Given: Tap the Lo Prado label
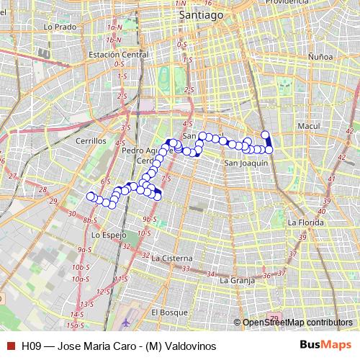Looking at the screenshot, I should pyautogui.click(x=60, y=27).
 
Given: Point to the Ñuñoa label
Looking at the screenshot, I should pyautogui.click(x=320, y=55).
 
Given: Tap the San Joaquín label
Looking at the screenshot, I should pyautogui.click(x=246, y=163).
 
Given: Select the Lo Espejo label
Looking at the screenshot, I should pyautogui.click(x=109, y=235).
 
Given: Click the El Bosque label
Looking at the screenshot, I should pyautogui.click(x=168, y=312).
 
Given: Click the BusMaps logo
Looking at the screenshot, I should pyautogui.click(x=325, y=345).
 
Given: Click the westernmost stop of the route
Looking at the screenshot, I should pyautogui.click(x=91, y=197).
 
